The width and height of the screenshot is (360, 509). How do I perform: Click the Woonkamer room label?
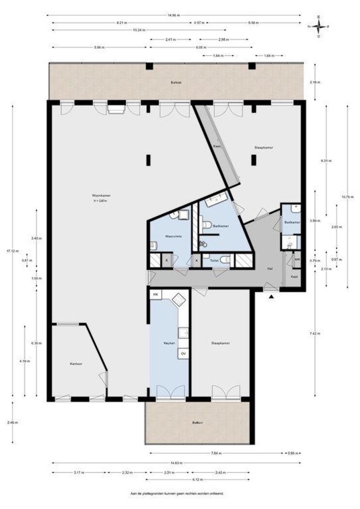(101, 195)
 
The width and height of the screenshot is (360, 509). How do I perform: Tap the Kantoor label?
(76, 364)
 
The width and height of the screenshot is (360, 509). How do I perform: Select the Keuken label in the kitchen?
(169, 343)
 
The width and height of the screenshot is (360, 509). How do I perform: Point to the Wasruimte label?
(173, 236)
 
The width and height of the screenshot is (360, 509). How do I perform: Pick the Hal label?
(270, 269)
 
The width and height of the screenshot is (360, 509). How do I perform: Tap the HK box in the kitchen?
(155, 295)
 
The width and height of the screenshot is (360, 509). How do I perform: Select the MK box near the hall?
(297, 259)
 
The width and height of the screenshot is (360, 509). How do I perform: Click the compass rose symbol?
(318, 26)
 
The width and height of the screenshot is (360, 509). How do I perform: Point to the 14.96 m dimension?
(173, 16)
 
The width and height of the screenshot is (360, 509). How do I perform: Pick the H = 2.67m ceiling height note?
(100, 201)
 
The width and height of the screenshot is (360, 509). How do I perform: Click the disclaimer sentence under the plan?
(177, 494)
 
